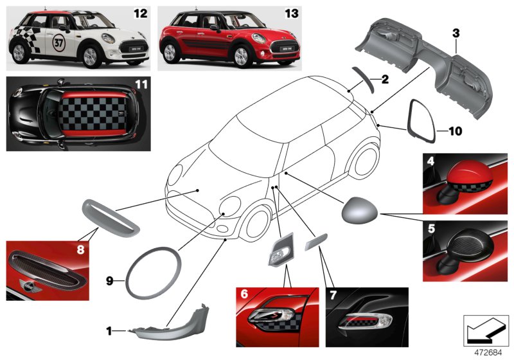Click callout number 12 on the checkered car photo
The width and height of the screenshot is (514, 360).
(x=139, y=12)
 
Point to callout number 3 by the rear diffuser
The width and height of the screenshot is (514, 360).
(x=455, y=32)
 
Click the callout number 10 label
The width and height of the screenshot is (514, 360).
(x=455, y=132)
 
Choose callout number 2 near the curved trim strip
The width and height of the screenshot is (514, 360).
(x=385, y=80)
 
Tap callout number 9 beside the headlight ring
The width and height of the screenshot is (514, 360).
(x=109, y=281)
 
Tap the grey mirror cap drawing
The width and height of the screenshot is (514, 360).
(x=362, y=210)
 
